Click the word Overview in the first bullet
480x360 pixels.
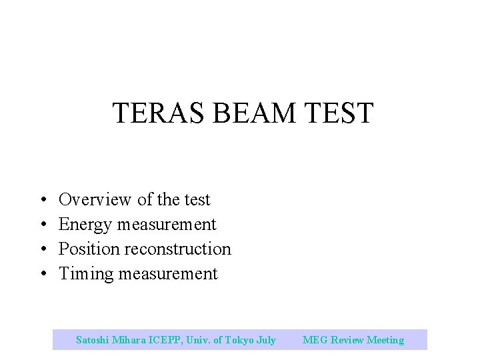point(95,199)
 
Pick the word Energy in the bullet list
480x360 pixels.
point(85,225)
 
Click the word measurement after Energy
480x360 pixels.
point(167,225)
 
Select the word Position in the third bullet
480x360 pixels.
point(87,249)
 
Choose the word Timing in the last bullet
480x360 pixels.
point(86,274)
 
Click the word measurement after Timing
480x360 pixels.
point(168,274)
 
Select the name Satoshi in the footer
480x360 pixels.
point(93,340)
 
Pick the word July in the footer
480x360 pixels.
point(266,340)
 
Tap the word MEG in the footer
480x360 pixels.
point(314,340)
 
